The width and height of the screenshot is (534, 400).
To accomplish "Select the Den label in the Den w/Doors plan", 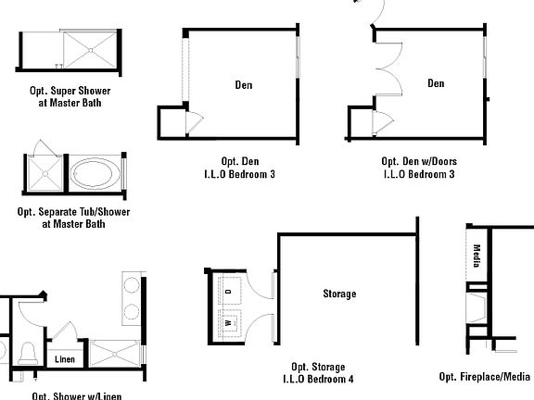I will pos(436,83).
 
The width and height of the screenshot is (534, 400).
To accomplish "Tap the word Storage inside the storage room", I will pos(338,294).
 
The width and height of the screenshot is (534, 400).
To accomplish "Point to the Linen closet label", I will pos(64,360).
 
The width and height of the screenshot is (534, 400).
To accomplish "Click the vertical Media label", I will pos(477,255).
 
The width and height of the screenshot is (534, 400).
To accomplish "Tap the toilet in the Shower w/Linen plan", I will pos(29,351).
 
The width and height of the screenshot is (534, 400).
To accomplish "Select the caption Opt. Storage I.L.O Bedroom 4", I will pos(318,372).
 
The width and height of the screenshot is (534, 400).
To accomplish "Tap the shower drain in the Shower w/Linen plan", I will pos(113,355).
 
